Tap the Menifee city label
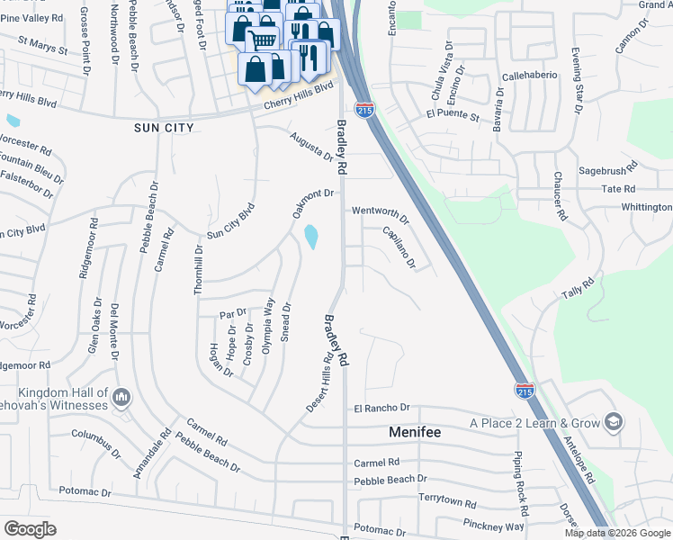click(x=415, y=432)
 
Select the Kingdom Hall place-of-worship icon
click(x=123, y=397)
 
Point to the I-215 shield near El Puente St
click(x=365, y=111)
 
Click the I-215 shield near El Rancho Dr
click(x=525, y=390)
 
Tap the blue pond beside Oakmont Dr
click(x=311, y=237)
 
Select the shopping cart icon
click(x=262, y=39)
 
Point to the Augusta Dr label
click(x=311, y=144)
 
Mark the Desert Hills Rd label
click(x=318, y=382)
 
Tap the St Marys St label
click(x=42, y=44)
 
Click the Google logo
click(x=30, y=529)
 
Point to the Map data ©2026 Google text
click(x=617, y=533)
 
